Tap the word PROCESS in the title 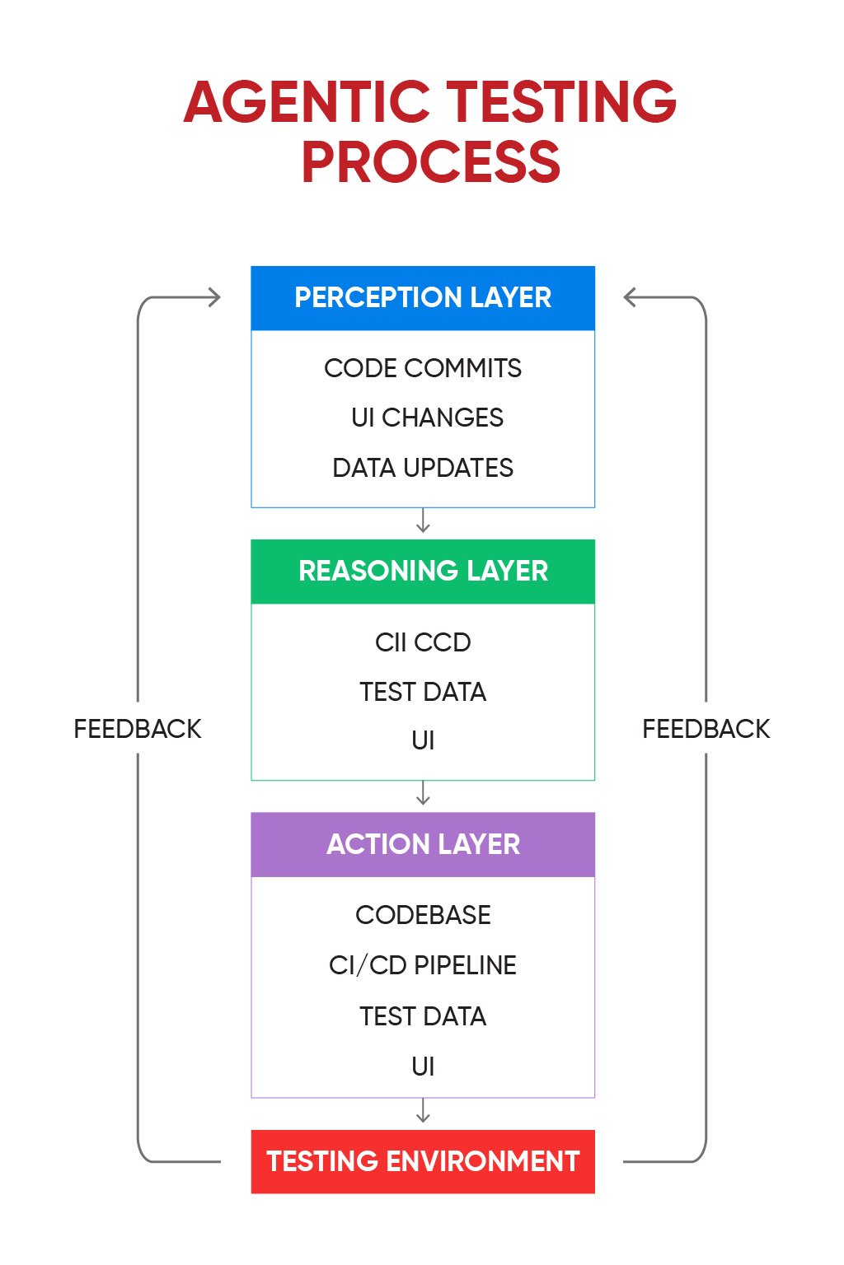[x=430, y=161]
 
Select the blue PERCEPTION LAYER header [x=423, y=298]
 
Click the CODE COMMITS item [x=423, y=368]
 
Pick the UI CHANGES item [x=427, y=418]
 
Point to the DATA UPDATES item [x=423, y=468]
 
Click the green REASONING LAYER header [x=423, y=572]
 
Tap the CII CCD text [x=423, y=642]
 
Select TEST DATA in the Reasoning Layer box [x=423, y=692]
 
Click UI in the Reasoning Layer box [x=423, y=741]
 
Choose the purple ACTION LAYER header [x=423, y=845]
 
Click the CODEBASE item [x=423, y=915]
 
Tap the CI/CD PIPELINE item [x=423, y=965]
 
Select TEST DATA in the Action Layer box [x=423, y=1016]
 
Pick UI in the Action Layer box [x=423, y=1067]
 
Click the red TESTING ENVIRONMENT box [x=423, y=1161]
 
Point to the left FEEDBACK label [x=138, y=729]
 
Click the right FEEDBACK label [x=706, y=729]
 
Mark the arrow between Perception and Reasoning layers [x=423, y=521]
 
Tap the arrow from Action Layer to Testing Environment [x=423, y=1111]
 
